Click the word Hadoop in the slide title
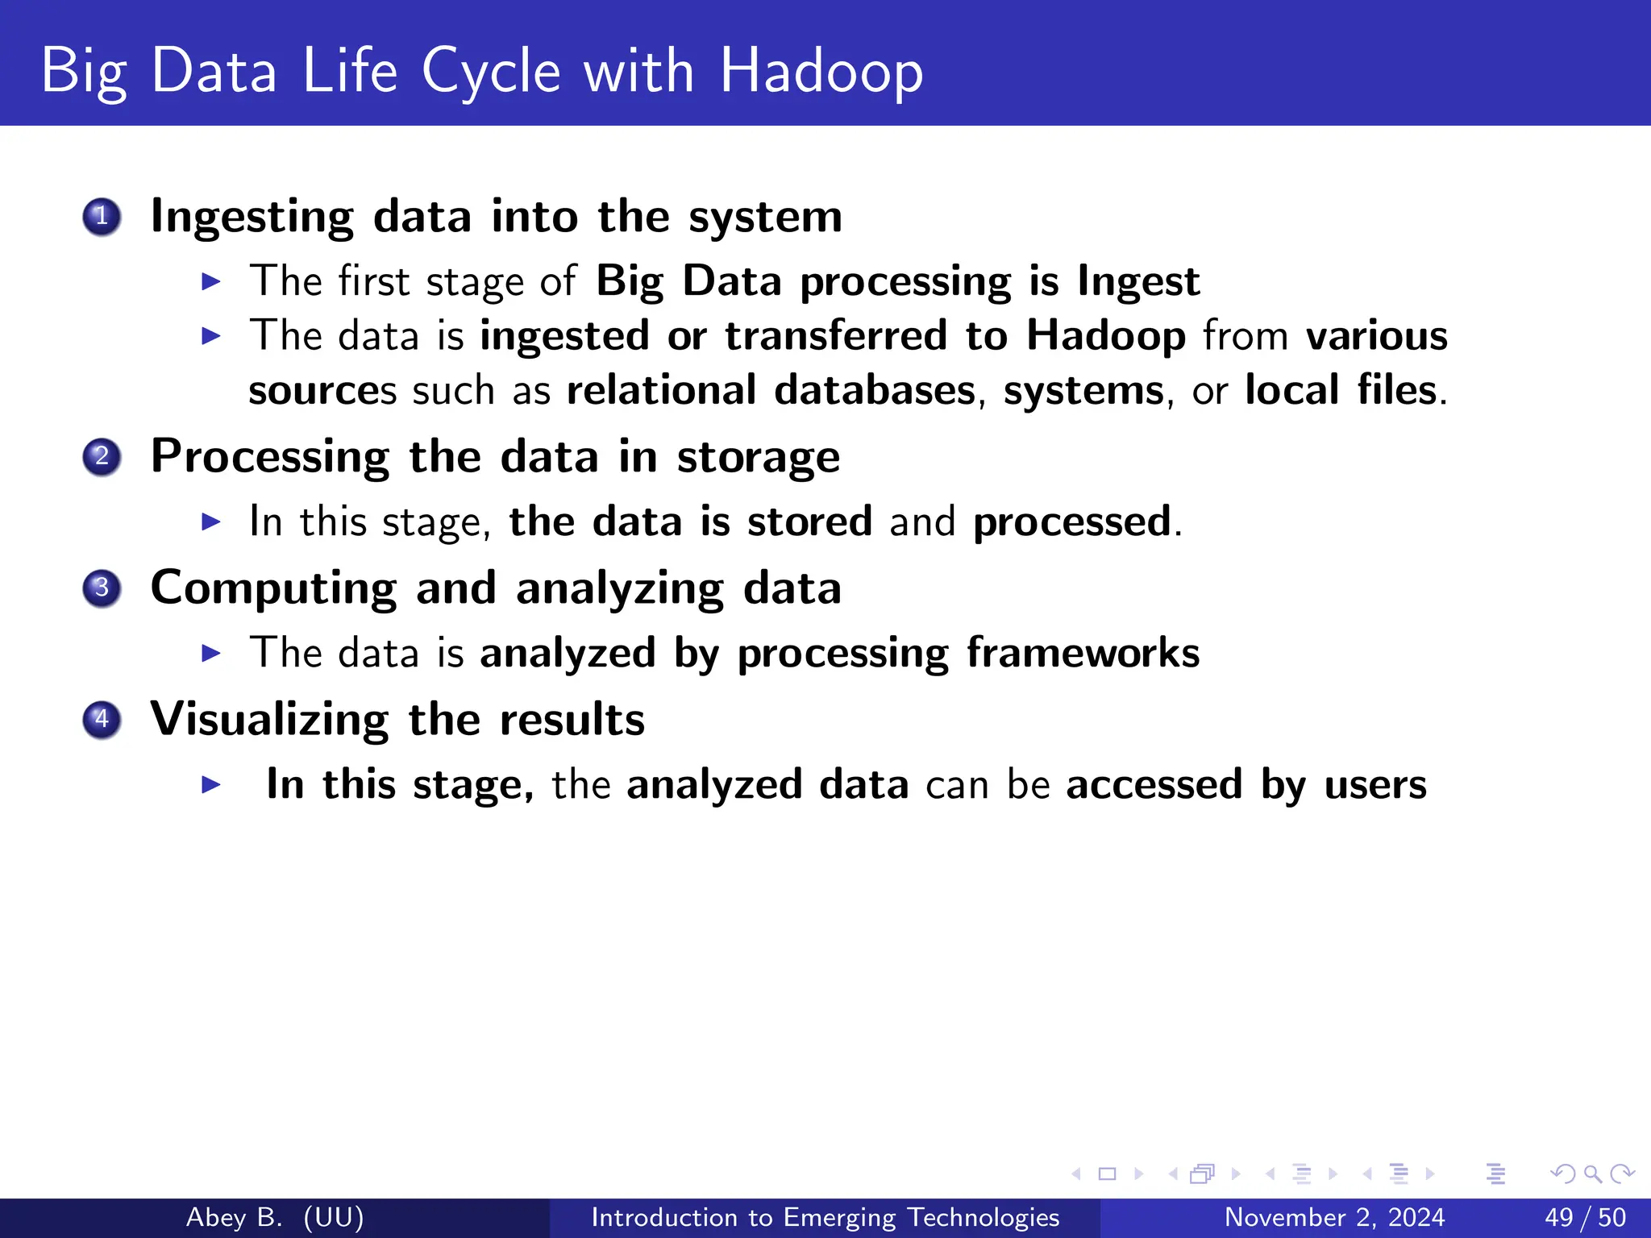click(821, 71)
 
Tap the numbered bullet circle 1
click(102, 217)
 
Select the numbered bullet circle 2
click(102, 457)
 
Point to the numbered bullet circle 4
click(102, 720)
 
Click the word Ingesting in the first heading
click(252, 218)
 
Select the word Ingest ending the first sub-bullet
click(1138, 282)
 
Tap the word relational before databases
click(661, 390)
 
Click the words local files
click(1340, 390)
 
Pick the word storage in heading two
click(758, 458)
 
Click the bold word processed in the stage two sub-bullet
click(1072, 522)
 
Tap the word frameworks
click(1083, 653)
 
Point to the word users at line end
click(1375, 785)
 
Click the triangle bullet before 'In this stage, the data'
click(210, 522)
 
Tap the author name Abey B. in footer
click(234, 1217)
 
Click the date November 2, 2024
click(1334, 1217)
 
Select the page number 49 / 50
click(1585, 1217)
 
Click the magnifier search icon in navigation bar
click(1592, 1174)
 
